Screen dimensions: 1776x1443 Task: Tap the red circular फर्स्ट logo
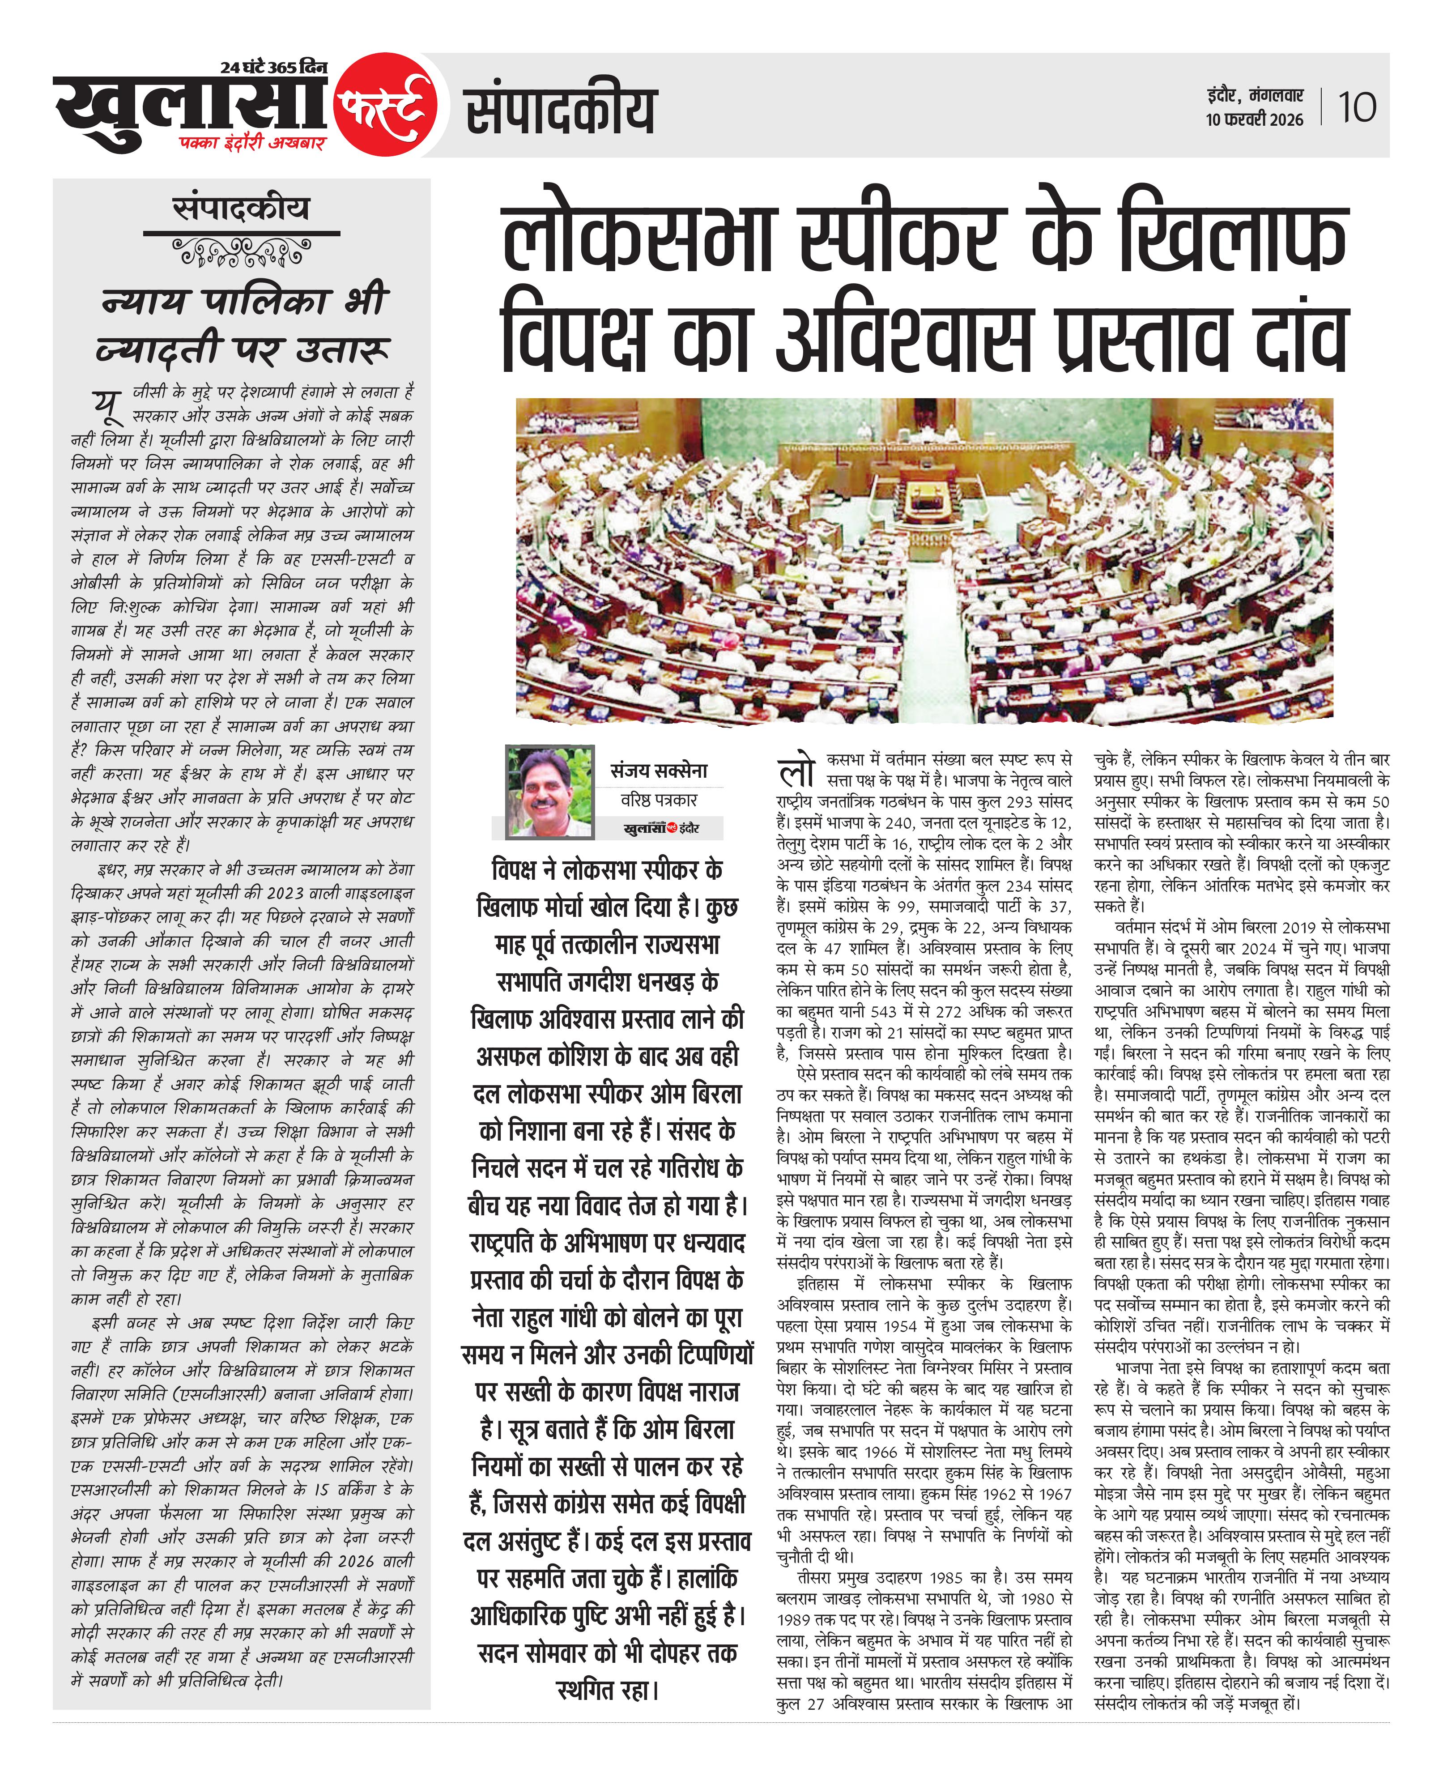click(386, 106)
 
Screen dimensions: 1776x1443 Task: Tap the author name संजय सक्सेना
click(659, 771)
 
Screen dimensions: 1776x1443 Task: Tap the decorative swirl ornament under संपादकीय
click(241, 251)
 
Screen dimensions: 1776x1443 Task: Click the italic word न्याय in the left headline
click(143, 301)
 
